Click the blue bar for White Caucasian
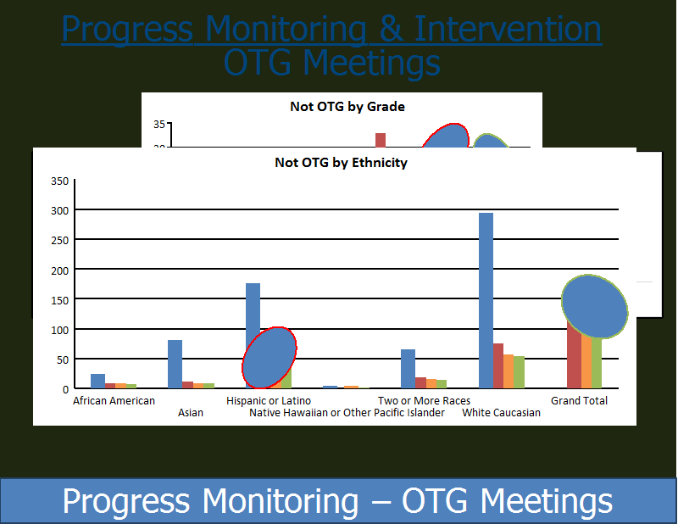coord(486,300)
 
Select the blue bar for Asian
coord(175,364)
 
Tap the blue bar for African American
coord(97,381)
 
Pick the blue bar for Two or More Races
coord(408,369)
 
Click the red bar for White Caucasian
coord(498,365)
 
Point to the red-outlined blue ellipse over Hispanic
coord(270,358)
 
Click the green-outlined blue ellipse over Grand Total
coord(595,306)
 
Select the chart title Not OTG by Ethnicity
coord(342,163)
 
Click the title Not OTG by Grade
coord(347,107)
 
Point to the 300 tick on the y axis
coord(59,211)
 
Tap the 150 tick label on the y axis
coord(59,300)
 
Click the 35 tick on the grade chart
coord(159,125)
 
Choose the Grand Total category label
coord(579,401)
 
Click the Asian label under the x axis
coord(191,413)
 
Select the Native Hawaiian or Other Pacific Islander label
coord(347,413)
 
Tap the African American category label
coord(114,401)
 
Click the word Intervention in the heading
coord(508,29)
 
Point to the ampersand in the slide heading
coord(390,29)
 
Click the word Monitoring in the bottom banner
coord(281,501)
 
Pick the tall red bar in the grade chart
coord(381,140)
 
